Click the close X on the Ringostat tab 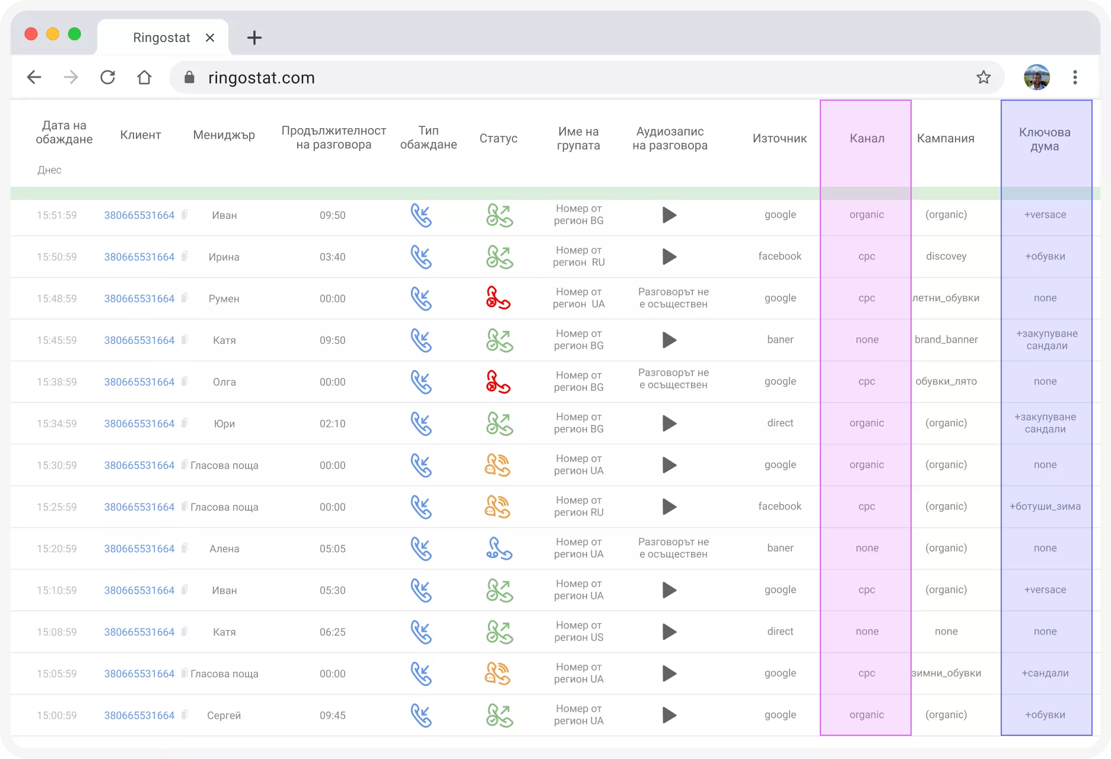[x=210, y=38]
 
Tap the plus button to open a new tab [x=254, y=38]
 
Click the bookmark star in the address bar [x=983, y=77]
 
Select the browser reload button [x=107, y=77]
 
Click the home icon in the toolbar [x=144, y=77]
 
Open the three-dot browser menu [x=1075, y=77]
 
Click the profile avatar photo [x=1037, y=77]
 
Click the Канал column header [x=867, y=138]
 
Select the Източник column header [x=779, y=138]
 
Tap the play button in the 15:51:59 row [x=670, y=215]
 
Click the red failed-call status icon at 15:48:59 [x=498, y=298]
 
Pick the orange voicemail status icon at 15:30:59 [x=498, y=465]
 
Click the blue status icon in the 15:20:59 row [x=499, y=548]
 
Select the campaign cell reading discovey [x=946, y=256]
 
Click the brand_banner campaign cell [x=946, y=340]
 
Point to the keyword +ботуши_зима [x=1045, y=506]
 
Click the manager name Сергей [x=224, y=716]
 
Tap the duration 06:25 [x=332, y=632]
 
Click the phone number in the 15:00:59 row [x=139, y=716]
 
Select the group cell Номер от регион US [x=578, y=632]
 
